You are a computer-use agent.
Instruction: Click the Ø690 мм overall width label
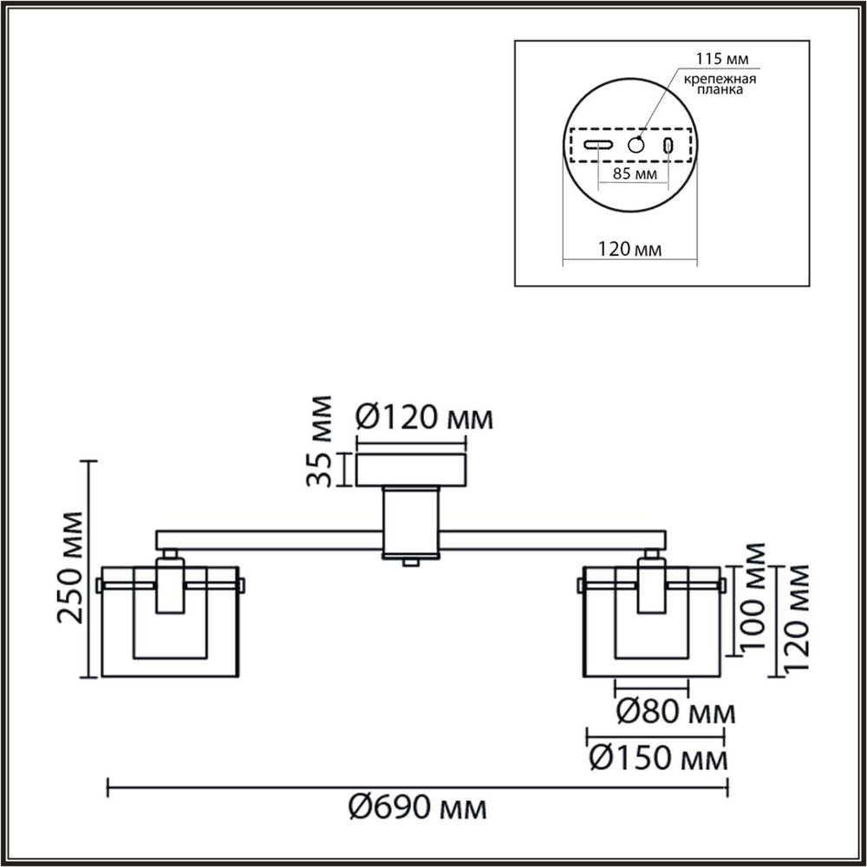coord(417,808)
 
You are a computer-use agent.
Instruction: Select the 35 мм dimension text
coord(322,441)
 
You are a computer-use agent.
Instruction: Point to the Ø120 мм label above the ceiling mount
coord(424,420)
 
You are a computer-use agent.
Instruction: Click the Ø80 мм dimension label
coord(675,714)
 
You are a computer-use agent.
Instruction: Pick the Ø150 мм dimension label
coord(657,759)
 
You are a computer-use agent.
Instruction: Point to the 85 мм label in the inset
coord(634,173)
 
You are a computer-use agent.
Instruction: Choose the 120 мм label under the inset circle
coord(629,250)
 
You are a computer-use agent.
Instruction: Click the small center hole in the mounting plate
coord(636,145)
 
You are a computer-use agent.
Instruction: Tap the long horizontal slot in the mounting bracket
coord(598,145)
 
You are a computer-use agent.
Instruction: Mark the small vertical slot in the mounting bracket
coord(668,146)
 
